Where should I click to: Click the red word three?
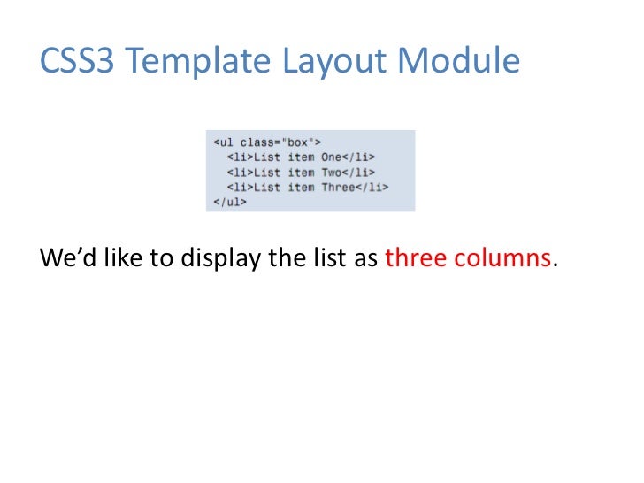click(x=415, y=260)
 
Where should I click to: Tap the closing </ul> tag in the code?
click(x=229, y=202)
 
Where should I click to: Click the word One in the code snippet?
click(x=331, y=157)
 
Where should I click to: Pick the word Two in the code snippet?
click(x=331, y=172)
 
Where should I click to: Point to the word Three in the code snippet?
click(x=339, y=187)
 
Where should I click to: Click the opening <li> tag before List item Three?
click(x=240, y=187)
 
